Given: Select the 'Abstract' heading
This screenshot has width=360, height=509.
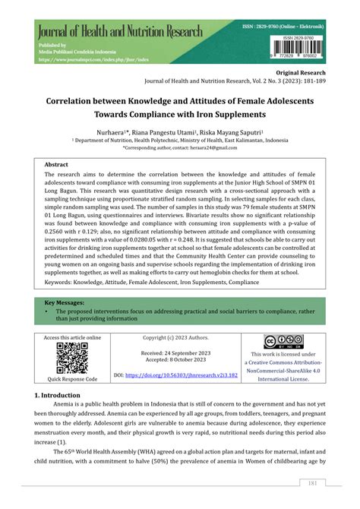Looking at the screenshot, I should pos(57,164).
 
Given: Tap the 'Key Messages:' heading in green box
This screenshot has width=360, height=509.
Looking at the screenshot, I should pos(69,302).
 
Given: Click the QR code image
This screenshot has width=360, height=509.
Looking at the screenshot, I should pos(71,357).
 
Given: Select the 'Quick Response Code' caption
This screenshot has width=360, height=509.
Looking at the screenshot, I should pos(71,378).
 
